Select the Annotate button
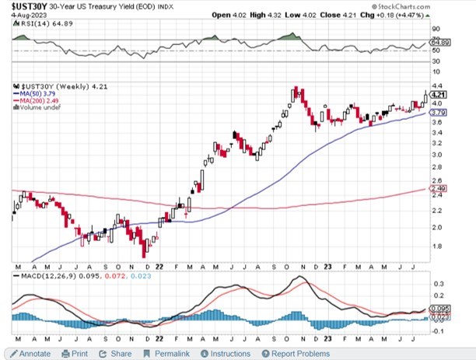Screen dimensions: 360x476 (x=30, y=353)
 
